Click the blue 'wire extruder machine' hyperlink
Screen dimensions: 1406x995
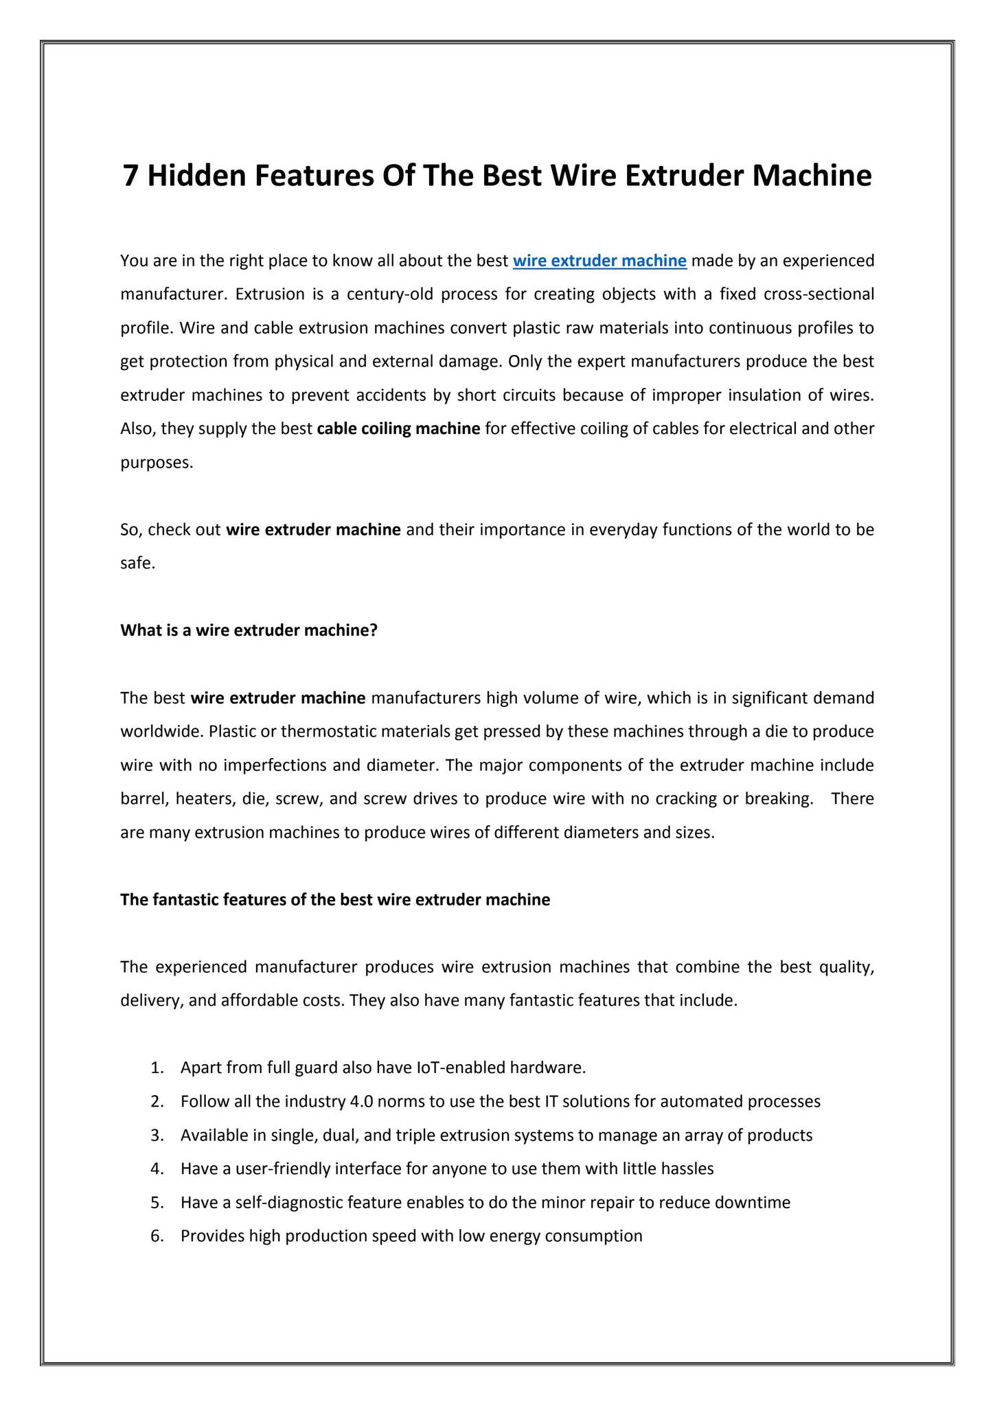tap(599, 261)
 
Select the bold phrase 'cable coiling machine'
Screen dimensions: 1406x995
tap(398, 429)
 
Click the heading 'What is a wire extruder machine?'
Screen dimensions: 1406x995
tap(249, 630)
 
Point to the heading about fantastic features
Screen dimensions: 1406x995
tap(335, 899)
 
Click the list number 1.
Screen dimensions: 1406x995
tap(157, 1068)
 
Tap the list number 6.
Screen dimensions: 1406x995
tap(157, 1236)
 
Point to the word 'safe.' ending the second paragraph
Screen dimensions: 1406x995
tap(138, 564)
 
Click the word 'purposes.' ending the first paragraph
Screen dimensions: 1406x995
tap(157, 463)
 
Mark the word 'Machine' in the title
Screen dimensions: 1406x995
tap(812, 176)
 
